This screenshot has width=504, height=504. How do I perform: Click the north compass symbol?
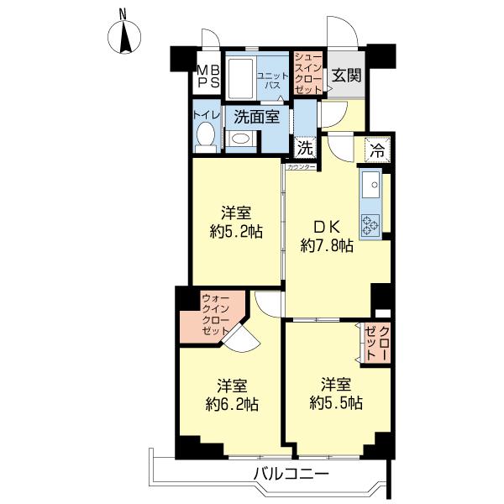[124, 36]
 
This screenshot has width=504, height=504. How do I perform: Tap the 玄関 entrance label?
[346, 76]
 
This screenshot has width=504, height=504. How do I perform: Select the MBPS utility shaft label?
[208, 76]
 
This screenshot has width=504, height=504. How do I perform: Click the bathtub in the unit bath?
[240, 78]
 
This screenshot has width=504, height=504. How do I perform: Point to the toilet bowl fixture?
[206, 138]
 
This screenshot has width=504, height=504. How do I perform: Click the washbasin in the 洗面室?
[241, 139]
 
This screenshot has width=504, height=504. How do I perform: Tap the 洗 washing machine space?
[305, 149]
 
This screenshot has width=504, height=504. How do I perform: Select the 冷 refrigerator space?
[377, 150]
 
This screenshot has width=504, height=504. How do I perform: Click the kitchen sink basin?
[371, 184]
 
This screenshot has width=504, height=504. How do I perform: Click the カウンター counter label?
[301, 167]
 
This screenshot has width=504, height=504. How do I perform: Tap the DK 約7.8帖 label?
[327, 237]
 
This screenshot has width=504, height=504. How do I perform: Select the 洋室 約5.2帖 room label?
[236, 222]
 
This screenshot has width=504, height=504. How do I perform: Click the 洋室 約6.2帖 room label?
[232, 395]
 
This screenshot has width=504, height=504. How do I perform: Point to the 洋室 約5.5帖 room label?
[336, 393]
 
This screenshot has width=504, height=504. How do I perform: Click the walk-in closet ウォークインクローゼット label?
[215, 315]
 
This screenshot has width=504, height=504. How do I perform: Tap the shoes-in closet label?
[308, 73]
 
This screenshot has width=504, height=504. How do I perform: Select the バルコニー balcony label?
[291, 473]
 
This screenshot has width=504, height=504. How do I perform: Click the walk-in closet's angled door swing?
[241, 338]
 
